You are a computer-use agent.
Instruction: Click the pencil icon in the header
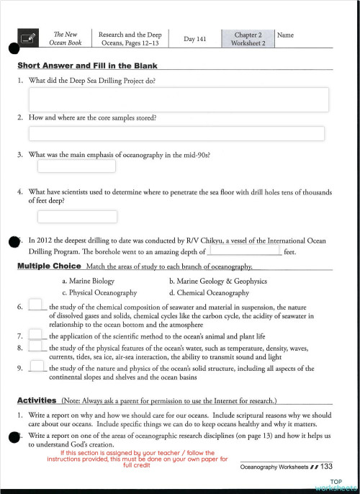click(30, 39)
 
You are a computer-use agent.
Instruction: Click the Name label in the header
click(285, 35)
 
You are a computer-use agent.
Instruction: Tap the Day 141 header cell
click(194, 39)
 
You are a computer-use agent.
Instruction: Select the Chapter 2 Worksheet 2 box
click(248, 39)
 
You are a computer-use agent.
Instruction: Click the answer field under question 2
click(176, 133)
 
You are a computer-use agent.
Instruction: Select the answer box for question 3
click(76, 166)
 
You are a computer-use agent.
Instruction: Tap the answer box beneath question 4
click(76, 216)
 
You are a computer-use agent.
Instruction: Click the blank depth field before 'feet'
click(243, 251)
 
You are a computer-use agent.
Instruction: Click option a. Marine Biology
click(88, 282)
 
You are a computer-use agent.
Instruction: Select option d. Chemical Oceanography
click(209, 293)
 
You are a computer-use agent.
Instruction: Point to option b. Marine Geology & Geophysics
click(217, 282)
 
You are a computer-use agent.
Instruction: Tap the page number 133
click(326, 467)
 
